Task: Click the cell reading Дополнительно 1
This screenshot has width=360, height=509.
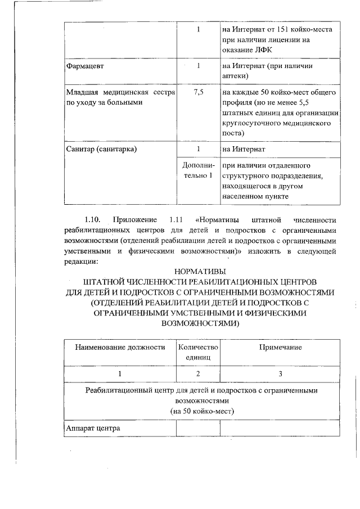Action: (198, 171)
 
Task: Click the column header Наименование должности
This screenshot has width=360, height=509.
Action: (120, 347)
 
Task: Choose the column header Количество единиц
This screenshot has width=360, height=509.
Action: (198, 352)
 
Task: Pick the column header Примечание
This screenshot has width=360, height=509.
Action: (280, 347)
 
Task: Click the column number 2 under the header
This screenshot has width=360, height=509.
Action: (198, 373)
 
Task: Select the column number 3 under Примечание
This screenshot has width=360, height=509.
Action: (280, 373)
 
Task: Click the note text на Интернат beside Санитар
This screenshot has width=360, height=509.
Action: (242, 149)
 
